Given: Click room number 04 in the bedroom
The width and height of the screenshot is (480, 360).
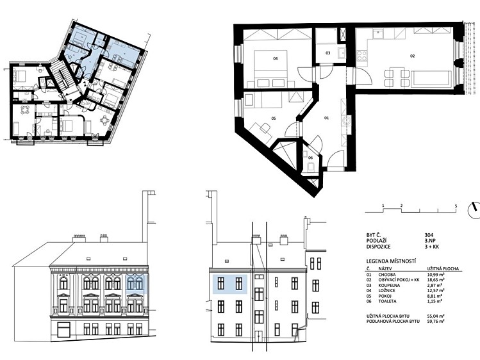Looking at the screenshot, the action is [x=275, y=58].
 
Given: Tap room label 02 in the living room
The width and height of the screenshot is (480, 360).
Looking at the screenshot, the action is [x=412, y=56].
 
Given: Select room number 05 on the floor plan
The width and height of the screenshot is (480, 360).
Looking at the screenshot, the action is [x=274, y=118].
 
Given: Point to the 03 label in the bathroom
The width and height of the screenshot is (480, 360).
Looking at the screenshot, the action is [x=328, y=53].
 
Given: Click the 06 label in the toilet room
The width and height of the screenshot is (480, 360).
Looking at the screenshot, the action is [x=310, y=158].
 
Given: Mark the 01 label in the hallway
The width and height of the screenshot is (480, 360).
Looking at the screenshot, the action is [x=326, y=118].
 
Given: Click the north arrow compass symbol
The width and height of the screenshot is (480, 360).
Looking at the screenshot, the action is [x=474, y=211].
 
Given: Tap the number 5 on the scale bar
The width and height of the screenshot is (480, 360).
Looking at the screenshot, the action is [x=456, y=206].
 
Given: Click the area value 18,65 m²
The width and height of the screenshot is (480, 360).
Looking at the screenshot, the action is [x=436, y=280].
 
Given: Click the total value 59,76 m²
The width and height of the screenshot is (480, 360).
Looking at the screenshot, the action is [x=436, y=322].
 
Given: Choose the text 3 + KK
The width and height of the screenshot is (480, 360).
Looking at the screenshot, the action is [x=432, y=247].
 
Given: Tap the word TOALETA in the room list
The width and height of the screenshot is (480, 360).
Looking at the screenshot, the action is [x=388, y=301].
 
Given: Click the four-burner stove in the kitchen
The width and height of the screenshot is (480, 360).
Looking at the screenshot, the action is [x=362, y=56].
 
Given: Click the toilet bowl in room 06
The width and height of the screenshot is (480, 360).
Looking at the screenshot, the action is [x=310, y=167].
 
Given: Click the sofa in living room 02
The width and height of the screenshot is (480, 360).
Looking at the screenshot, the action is [x=431, y=79].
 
